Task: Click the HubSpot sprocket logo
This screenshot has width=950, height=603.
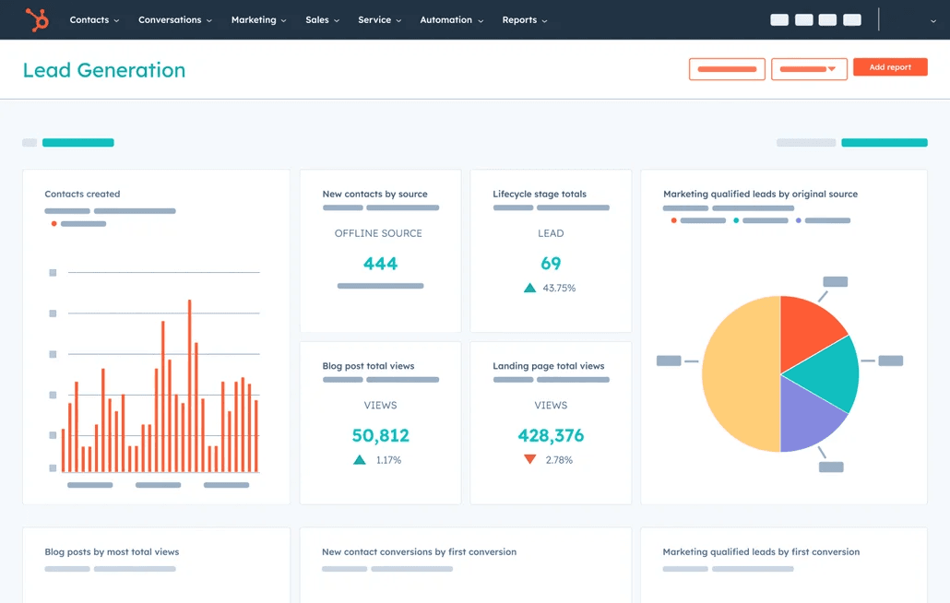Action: pyautogui.click(x=37, y=19)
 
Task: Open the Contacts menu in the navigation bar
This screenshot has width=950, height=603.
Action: pyautogui.click(x=94, y=19)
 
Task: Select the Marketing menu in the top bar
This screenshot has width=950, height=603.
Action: pyautogui.click(x=258, y=19)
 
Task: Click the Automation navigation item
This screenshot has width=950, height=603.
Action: pyautogui.click(x=451, y=19)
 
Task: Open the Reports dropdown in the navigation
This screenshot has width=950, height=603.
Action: pyautogui.click(x=524, y=19)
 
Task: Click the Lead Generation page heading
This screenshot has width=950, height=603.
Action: pyautogui.click(x=104, y=70)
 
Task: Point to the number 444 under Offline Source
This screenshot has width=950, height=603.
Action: pyautogui.click(x=380, y=264)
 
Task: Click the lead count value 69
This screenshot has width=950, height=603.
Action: pyautogui.click(x=551, y=264)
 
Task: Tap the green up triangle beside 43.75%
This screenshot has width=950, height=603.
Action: pyautogui.click(x=529, y=288)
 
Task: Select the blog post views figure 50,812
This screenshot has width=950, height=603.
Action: pyautogui.click(x=380, y=435)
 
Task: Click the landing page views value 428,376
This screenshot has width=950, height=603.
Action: pyautogui.click(x=551, y=435)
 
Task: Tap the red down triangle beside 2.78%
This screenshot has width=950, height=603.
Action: pyautogui.click(x=529, y=459)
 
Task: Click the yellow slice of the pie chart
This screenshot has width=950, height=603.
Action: pyautogui.click(x=738, y=374)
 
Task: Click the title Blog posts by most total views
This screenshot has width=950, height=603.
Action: pyautogui.click(x=112, y=552)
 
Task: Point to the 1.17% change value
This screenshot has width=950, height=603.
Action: pyautogui.click(x=388, y=460)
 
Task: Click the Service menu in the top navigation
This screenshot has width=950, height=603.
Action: pyautogui.click(x=379, y=19)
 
